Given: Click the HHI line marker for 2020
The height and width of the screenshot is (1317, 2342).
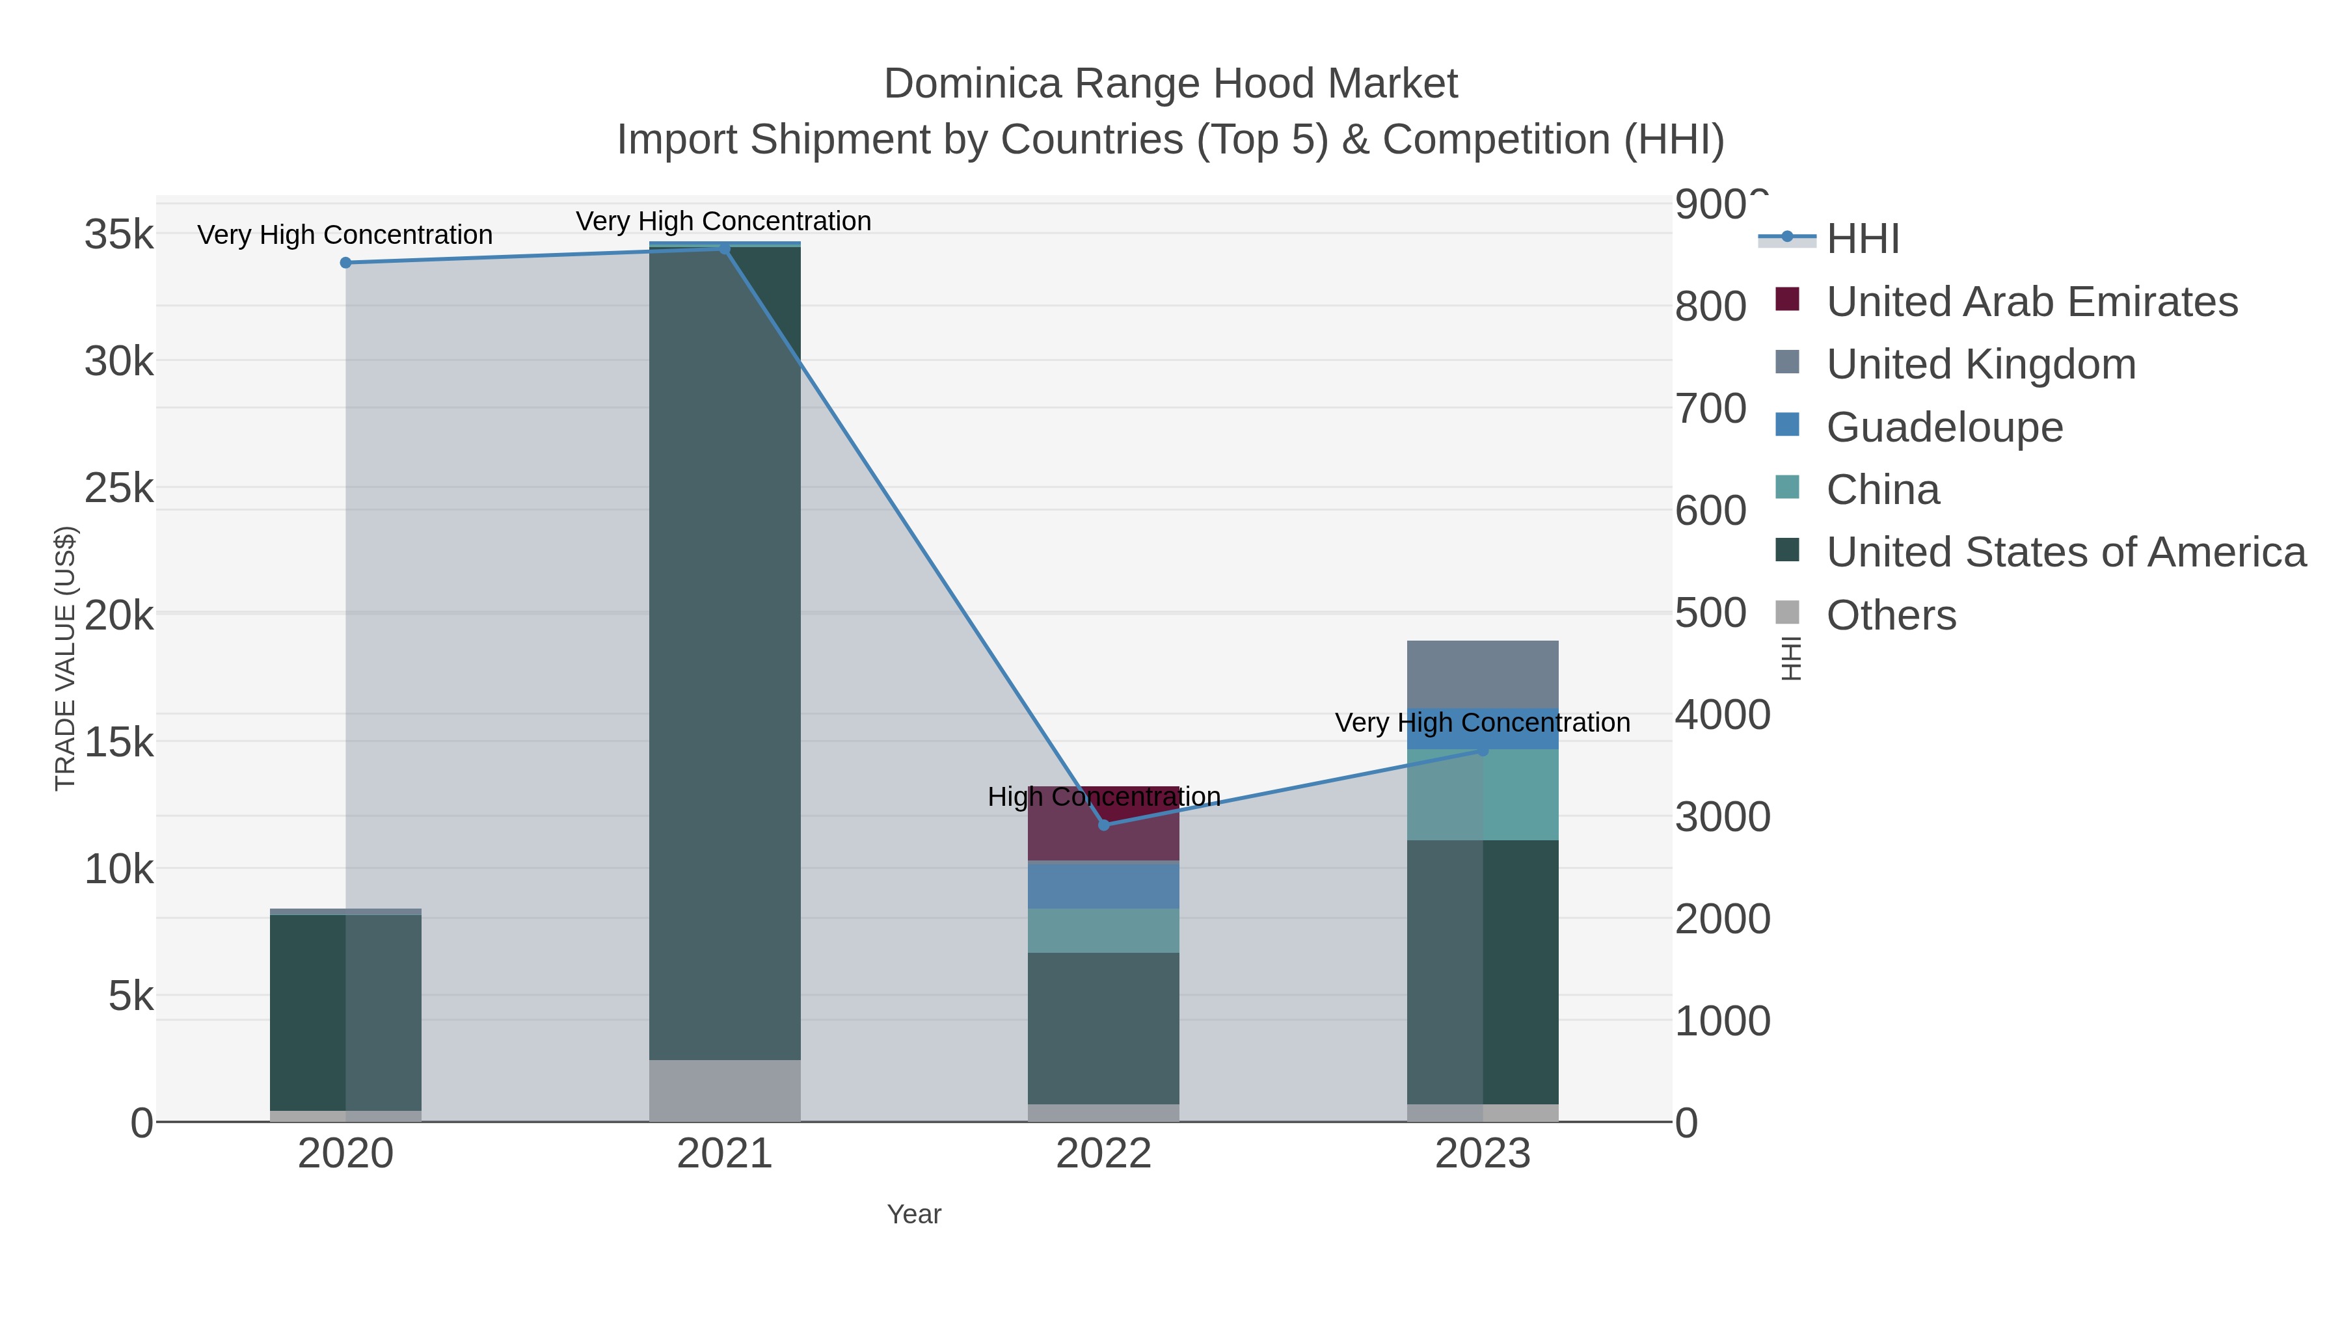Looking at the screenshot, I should tap(345, 263).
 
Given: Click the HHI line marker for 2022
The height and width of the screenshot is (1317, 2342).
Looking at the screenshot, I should tap(1104, 825).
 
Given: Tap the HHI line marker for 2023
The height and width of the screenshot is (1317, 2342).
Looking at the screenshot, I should tap(1483, 751).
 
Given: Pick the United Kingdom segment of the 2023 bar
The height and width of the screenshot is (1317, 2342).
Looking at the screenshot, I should tap(1483, 674).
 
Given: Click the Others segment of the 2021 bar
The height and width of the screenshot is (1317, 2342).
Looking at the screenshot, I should tap(725, 1090).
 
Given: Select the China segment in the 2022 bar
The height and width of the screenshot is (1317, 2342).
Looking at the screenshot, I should tap(1104, 930).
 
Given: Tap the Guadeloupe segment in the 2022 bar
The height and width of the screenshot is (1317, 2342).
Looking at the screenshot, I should tap(1104, 885).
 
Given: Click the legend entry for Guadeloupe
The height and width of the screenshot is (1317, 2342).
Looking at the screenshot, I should tap(1944, 427).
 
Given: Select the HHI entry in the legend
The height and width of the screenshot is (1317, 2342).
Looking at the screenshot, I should tap(1862, 239).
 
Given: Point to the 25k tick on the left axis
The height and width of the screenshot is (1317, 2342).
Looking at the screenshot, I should tap(119, 488).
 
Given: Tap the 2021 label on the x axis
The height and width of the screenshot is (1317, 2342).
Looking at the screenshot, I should tap(725, 1154).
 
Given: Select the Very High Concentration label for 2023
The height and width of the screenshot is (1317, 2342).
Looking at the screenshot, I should tap(1482, 723).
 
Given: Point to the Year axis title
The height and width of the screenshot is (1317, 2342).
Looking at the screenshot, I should tap(914, 1214).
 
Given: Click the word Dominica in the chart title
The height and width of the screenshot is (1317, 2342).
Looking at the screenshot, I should tap(972, 84).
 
